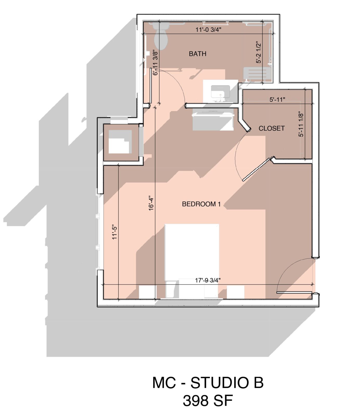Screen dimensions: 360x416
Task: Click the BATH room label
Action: pos(197,54)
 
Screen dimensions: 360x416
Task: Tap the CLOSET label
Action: pos(272,128)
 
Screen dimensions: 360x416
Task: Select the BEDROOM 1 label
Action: pos(201,204)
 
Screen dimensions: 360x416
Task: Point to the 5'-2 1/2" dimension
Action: pos(258,52)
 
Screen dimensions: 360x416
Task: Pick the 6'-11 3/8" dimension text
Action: pos(155,63)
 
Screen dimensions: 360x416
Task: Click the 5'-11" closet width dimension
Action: pos(278,99)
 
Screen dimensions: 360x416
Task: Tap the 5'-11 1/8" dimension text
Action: pos(301,124)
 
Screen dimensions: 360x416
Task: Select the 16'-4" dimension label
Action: pos(152,203)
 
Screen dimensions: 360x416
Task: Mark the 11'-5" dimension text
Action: pos(115,232)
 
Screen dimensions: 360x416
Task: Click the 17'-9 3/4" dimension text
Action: pos(208,280)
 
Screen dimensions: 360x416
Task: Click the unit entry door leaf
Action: pos(294,292)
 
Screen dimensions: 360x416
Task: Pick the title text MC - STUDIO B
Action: pos(208,383)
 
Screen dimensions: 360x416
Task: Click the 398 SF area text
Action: pos(208,400)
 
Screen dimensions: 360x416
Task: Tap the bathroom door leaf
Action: pos(151,86)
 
